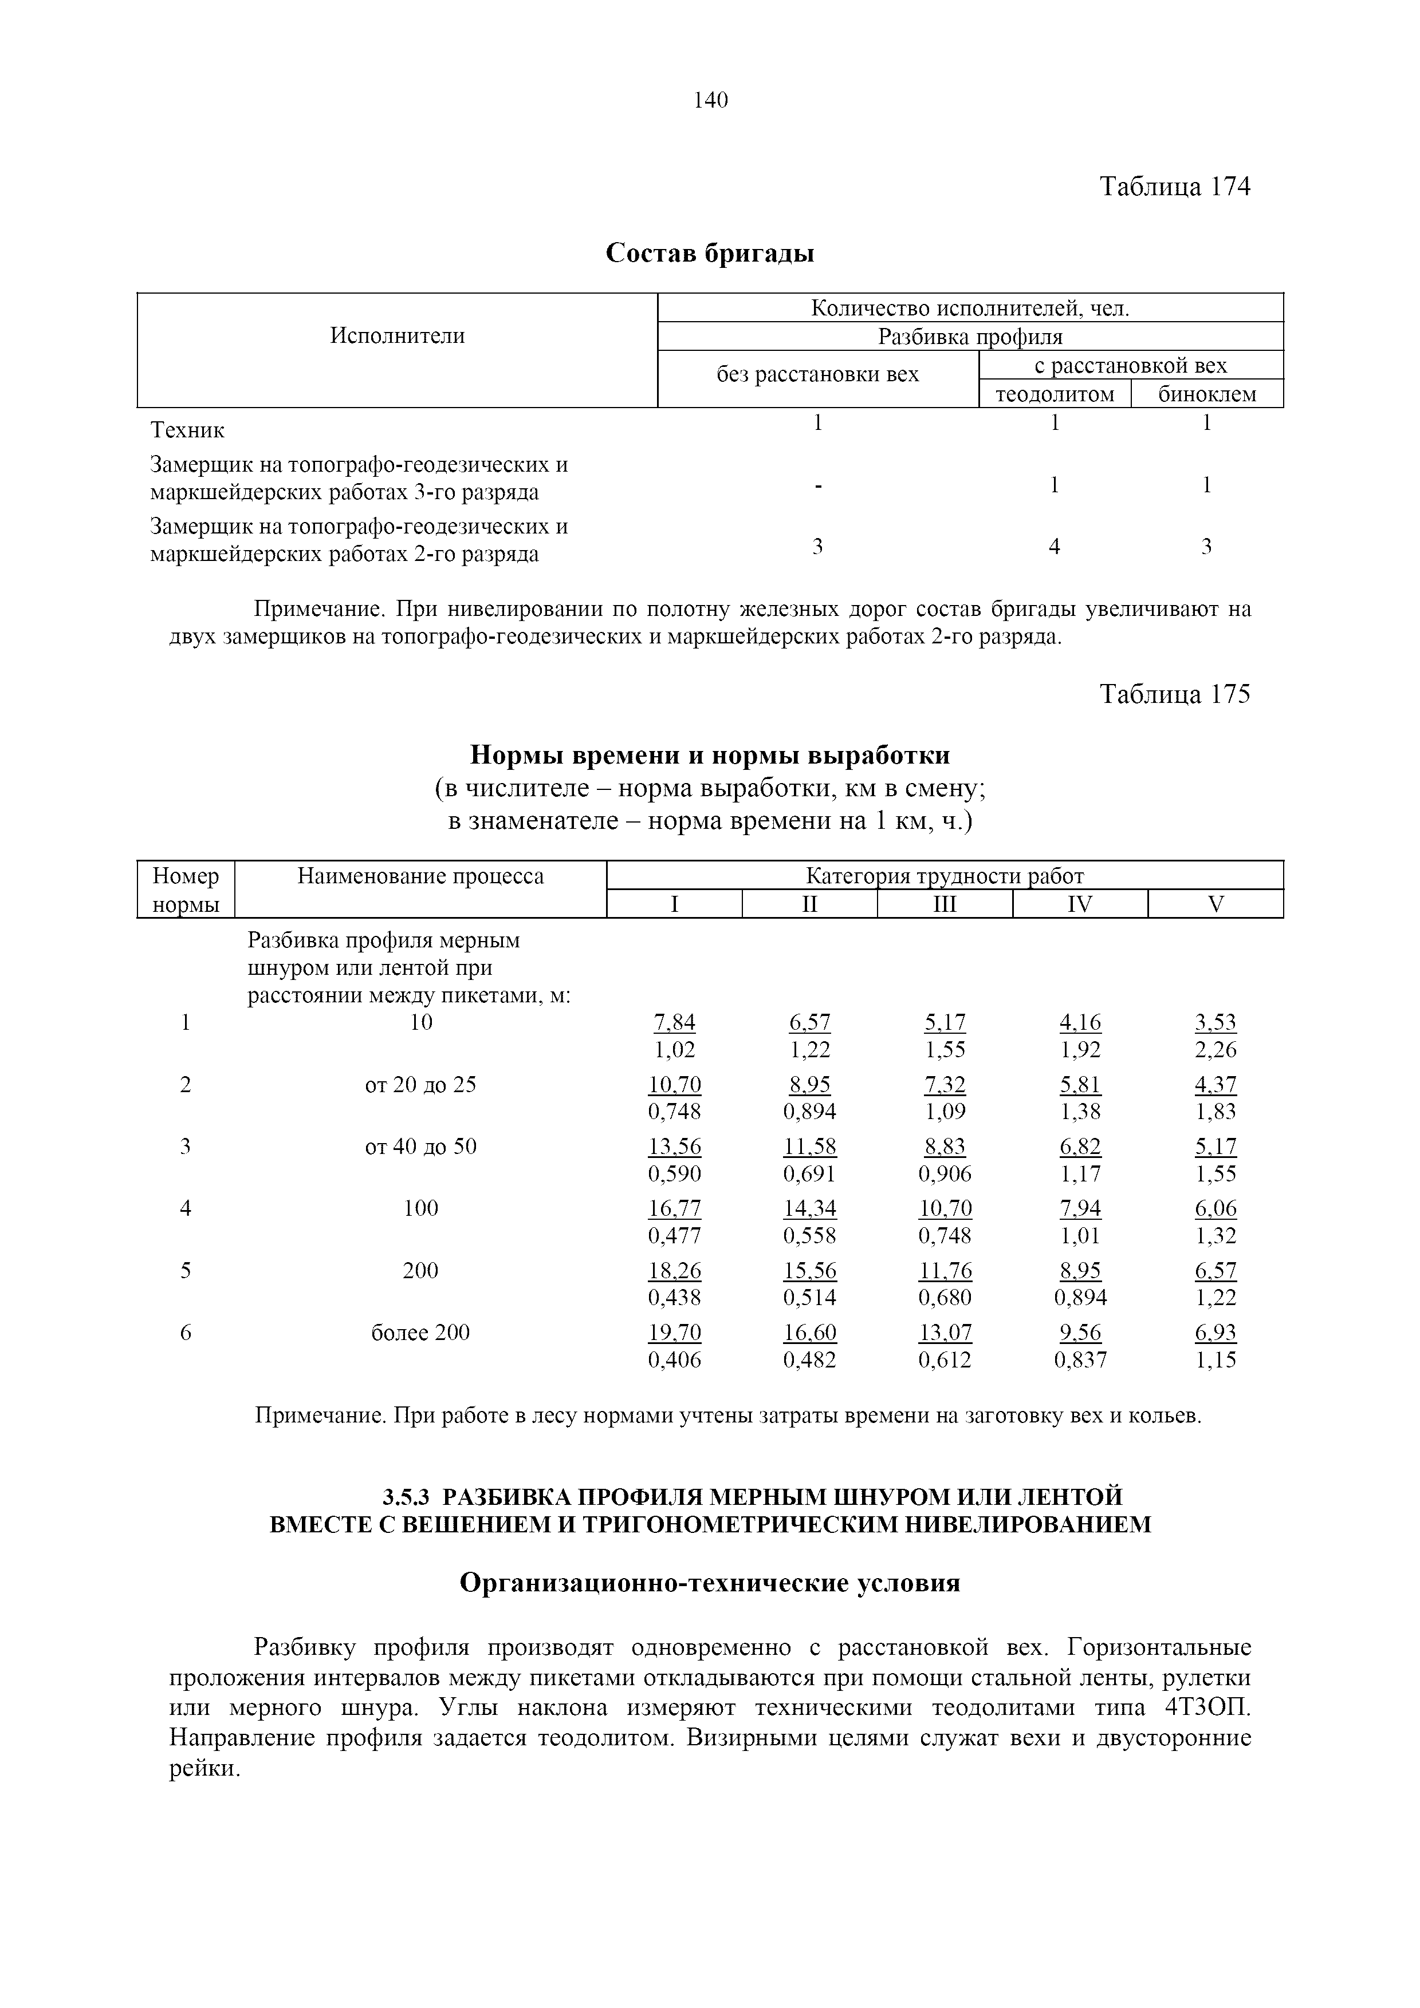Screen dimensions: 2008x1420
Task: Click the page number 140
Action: click(x=710, y=101)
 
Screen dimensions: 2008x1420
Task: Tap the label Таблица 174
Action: click(x=1174, y=186)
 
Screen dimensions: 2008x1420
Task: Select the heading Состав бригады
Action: click(x=710, y=254)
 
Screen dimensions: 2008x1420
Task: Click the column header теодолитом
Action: click(x=1055, y=394)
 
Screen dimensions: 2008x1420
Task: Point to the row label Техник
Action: click(x=187, y=430)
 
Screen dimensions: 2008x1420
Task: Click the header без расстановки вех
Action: click(x=817, y=374)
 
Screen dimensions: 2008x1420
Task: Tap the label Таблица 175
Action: click(x=1174, y=694)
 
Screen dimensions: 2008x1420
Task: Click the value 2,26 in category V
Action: click(x=1216, y=1049)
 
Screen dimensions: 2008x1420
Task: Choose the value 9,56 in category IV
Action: click(x=1080, y=1333)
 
